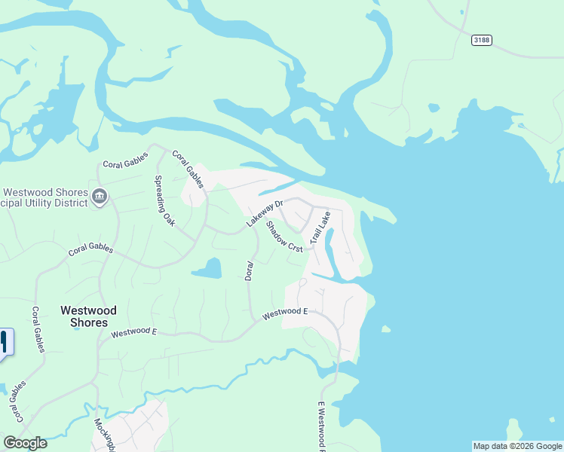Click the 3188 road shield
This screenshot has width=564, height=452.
click(x=481, y=40)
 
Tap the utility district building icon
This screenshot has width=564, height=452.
click(x=100, y=197)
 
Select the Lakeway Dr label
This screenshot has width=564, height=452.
click(x=264, y=214)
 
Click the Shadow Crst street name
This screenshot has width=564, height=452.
click(x=284, y=236)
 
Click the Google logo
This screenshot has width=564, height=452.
click(x=25, y=443)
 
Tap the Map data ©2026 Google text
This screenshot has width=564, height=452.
click(x=517, y=446)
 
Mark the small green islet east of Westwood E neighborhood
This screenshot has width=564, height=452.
click(x=386, y=329)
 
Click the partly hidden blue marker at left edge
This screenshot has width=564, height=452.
click(x=5, y=342)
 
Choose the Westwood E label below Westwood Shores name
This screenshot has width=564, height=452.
click(x=133, y=331)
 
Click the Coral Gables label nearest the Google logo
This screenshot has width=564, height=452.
click(x=16, y=402)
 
